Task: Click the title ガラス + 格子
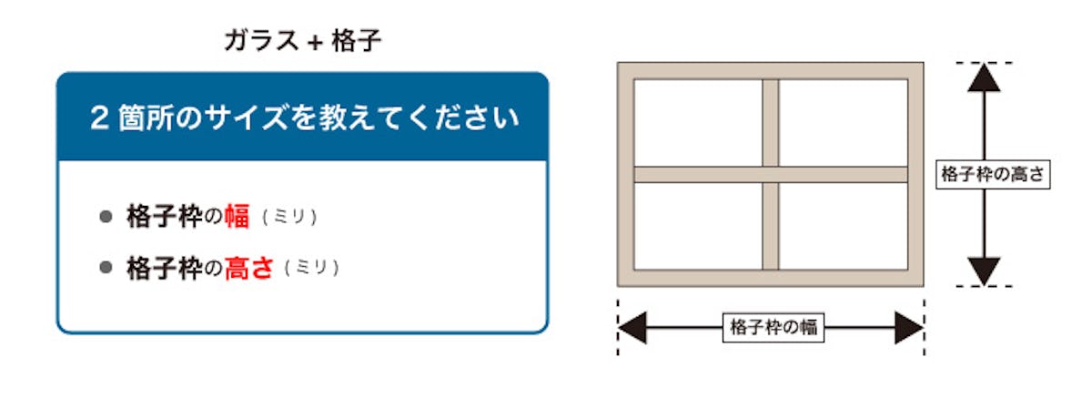point(302,41)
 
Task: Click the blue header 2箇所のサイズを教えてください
point(302,118)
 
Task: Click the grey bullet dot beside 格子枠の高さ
point(106,268)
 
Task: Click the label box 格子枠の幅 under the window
point(773,328)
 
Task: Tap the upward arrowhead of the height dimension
point(984,77)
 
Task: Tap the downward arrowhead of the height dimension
point(984,271)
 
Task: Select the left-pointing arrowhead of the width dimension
point(633,328)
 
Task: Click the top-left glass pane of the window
point(698,122)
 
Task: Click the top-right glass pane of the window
point(844,122)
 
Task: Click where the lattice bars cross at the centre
point(771,174)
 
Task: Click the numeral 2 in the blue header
point(99,118)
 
